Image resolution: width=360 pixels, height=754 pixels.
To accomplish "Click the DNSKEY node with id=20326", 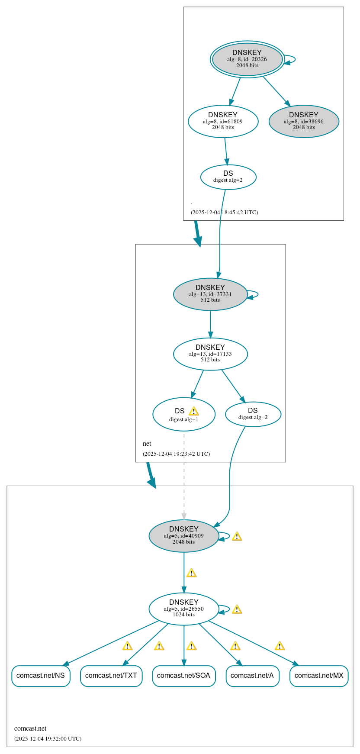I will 247,59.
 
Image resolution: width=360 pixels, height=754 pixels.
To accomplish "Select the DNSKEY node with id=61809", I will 223,121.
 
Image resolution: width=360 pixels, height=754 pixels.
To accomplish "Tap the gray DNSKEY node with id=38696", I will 304,121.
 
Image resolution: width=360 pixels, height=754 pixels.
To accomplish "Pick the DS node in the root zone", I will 228,177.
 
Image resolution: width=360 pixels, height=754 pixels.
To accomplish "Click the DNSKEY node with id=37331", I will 210,294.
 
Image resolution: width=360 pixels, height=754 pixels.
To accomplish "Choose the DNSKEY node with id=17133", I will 210,354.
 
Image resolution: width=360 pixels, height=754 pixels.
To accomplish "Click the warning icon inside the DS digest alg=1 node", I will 193,411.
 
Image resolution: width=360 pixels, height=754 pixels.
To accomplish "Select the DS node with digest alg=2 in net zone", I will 253,414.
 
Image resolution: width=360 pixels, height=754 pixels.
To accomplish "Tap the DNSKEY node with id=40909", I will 183,535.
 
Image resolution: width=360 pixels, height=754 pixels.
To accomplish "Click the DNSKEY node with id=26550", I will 183,609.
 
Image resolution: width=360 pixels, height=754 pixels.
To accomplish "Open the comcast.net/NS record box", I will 41,676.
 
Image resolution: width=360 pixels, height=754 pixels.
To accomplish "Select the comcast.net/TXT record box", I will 111,676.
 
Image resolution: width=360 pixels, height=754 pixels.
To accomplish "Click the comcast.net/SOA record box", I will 183,676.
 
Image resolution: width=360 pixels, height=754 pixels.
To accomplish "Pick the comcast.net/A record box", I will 252,676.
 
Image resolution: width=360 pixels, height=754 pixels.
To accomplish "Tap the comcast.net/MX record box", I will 319,676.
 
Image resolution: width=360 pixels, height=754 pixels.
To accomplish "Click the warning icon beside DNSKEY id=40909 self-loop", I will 237,536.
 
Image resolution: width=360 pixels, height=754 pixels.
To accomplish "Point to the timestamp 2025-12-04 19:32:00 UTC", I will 48,738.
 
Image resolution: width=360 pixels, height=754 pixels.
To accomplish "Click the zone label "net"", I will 147,444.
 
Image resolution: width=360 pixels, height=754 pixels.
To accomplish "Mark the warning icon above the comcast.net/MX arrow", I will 280,646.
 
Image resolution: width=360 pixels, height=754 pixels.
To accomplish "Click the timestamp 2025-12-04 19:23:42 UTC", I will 176,454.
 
